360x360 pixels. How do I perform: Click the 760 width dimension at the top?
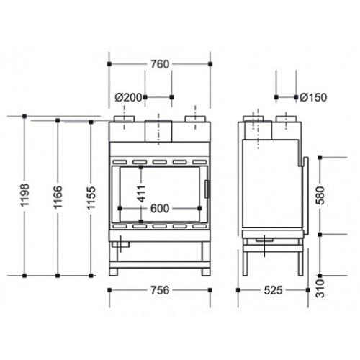tap(160, 64)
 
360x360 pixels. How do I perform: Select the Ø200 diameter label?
tap(128, 97)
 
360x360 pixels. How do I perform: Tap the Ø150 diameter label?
tap(313, 97)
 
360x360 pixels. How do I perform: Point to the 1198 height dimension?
tap(24, 195)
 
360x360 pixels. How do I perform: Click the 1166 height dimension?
tap(58, 197)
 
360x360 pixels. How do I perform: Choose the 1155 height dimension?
tap(91, 198)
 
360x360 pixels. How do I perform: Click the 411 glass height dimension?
tap(141, 194)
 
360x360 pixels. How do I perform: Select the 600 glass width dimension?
tap(160, 209)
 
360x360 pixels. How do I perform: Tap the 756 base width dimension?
tap(160, 290)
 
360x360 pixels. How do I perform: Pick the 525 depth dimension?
tap(273, 290)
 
